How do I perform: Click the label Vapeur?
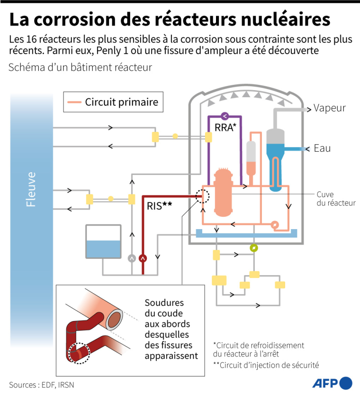coord(329,108)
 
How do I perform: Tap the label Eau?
coord(322,148)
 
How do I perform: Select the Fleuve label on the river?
coord(31,189)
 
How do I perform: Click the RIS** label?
coord(160,206)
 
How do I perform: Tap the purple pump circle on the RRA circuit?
coord(225,115)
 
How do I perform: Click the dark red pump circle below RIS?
coord(143,258)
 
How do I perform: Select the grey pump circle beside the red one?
coord(132,258)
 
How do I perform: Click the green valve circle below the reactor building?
coord(254,248)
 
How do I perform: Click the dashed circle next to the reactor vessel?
coord(202,196)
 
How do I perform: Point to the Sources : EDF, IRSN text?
coord(42,385)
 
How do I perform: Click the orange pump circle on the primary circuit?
coord(275,225)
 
